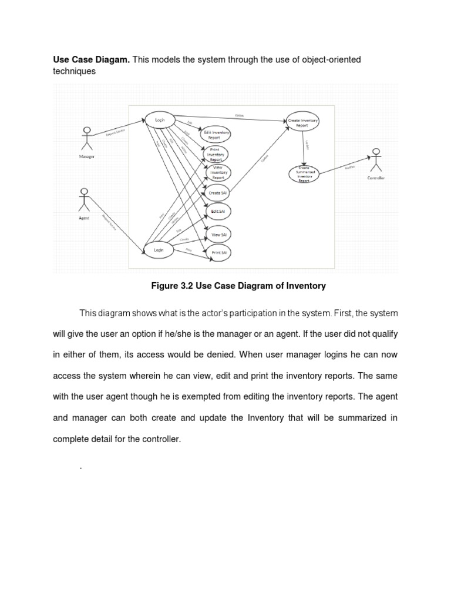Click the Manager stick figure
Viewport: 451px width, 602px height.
86,138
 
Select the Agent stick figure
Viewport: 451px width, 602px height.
84,200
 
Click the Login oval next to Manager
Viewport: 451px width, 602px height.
160,120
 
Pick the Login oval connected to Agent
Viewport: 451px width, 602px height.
159,250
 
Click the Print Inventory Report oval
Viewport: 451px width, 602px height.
216,154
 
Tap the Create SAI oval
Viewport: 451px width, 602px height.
218,192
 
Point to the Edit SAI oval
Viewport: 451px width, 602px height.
218,210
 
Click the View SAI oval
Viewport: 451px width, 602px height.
219,235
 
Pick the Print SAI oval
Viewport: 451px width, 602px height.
219,253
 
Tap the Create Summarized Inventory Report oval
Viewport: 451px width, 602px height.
304,175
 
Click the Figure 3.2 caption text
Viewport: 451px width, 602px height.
237,286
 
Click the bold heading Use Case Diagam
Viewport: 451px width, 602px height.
91,59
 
